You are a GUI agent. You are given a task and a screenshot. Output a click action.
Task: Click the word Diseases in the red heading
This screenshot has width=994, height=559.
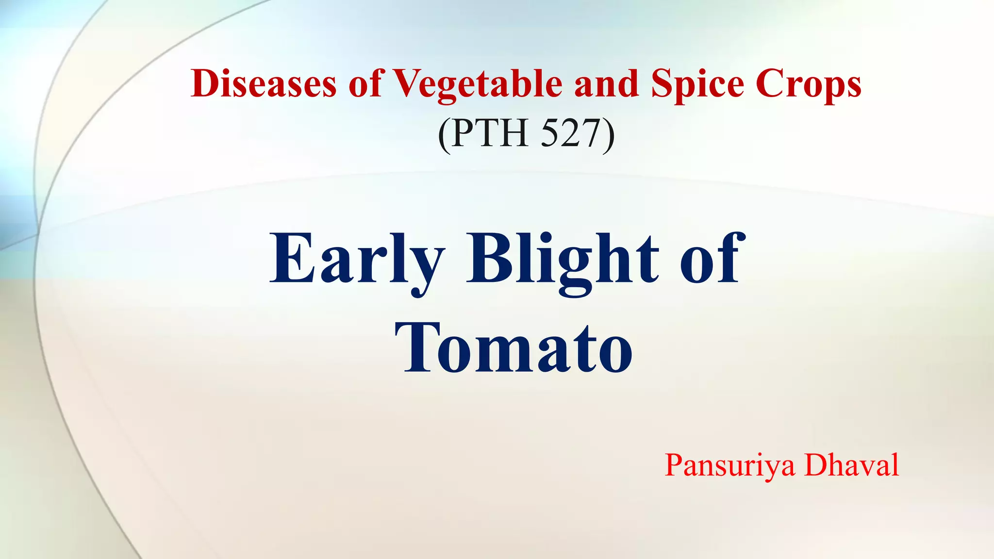click(264, 83)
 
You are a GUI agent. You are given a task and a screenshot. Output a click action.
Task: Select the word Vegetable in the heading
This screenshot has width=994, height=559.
click(477, 83)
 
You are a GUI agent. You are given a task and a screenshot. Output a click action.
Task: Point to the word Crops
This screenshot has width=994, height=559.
click(808, 83)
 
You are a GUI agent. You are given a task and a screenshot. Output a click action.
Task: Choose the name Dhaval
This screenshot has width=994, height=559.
click(852, 464)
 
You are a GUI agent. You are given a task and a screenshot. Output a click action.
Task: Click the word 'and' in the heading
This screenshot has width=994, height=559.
click(606, 83)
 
